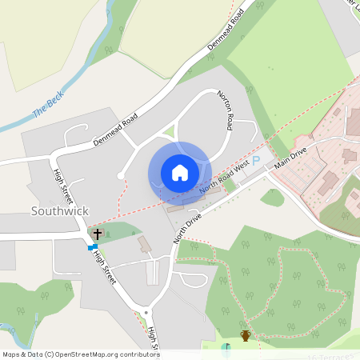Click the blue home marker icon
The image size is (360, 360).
click(180, 173)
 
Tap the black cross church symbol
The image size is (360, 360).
click(98, 234)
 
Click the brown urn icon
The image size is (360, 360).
click(246, 336)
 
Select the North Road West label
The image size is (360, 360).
click(223, 178)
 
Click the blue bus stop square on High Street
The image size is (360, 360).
click(90, 248)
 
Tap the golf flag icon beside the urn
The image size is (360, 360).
click(226, 347)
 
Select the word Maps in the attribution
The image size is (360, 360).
click(11, 354)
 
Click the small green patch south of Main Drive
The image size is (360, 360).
click(273, 197)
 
